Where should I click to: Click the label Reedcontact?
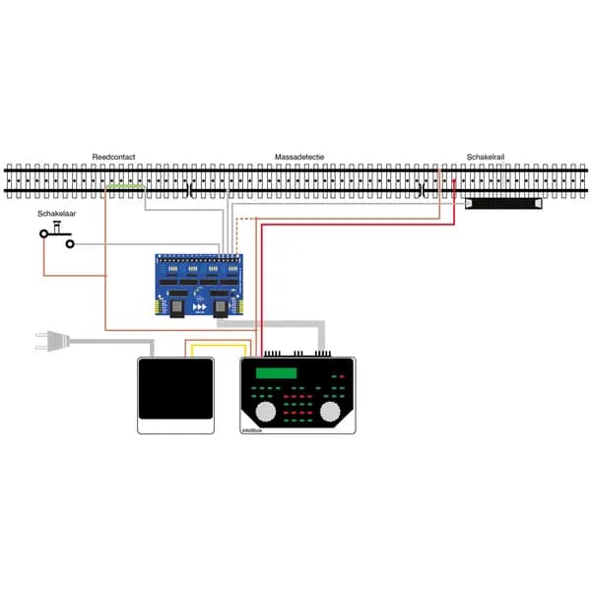[x=113, y=158]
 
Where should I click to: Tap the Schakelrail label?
[x=485, y=158]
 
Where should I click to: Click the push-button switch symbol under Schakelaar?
[x=56, y=233]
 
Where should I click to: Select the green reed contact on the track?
[x=125, y=185]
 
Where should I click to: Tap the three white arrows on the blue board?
[x=199, y=307]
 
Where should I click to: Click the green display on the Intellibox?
[x=276, y=372]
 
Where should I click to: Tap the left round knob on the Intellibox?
[x=266, y=410]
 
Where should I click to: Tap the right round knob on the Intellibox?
[x=332, y=410]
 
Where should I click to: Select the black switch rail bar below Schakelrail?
[x=503, y=204]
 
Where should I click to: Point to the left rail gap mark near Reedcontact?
[x=188, y=188]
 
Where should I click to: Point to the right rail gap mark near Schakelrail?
[x=421, y=188]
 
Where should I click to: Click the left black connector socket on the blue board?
[x=176, y=308]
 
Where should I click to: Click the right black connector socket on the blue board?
[x=222, y=308]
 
